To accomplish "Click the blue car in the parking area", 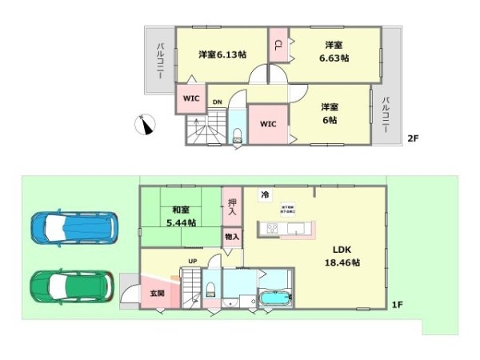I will click(74, 227).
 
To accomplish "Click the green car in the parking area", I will click(72, 285).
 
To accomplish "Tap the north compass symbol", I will click(146, 124).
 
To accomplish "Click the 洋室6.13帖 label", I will click(222, 54).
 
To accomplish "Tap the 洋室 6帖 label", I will click(329, 113).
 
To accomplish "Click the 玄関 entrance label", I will click(157, 294).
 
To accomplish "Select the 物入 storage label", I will click(231, 237).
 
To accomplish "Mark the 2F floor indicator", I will click(413, 138).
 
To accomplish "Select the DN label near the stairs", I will click(217, 102).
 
